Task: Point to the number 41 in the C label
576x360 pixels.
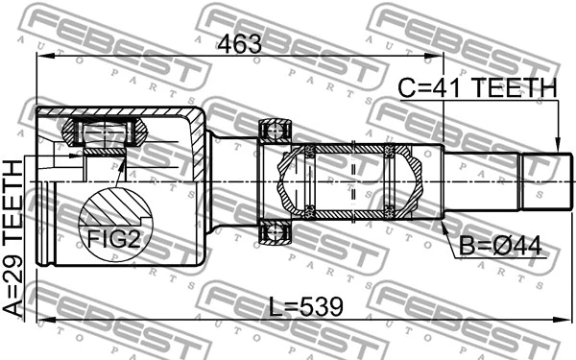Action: click(x=449, y=89)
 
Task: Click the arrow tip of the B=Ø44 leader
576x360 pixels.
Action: click(x=444, y=223)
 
